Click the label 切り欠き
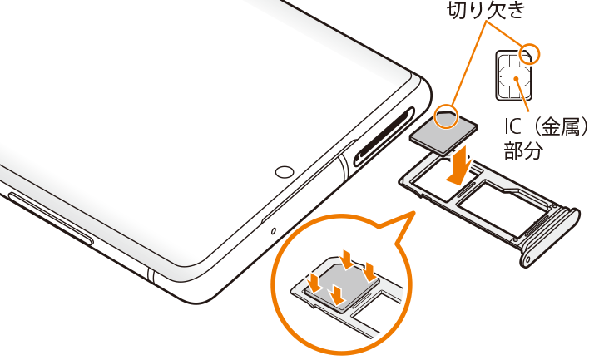pos(486,10)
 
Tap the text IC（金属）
pos(547,126)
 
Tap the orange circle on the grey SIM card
pos(446,116)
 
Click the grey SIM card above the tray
pos(443,131)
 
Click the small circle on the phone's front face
pos(285,172)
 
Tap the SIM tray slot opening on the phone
pos(384,136)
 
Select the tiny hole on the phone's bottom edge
pos(274,231)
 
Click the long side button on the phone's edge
pos(50,218)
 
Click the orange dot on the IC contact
pos(516,78)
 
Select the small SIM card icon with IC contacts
pos(514,76)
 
